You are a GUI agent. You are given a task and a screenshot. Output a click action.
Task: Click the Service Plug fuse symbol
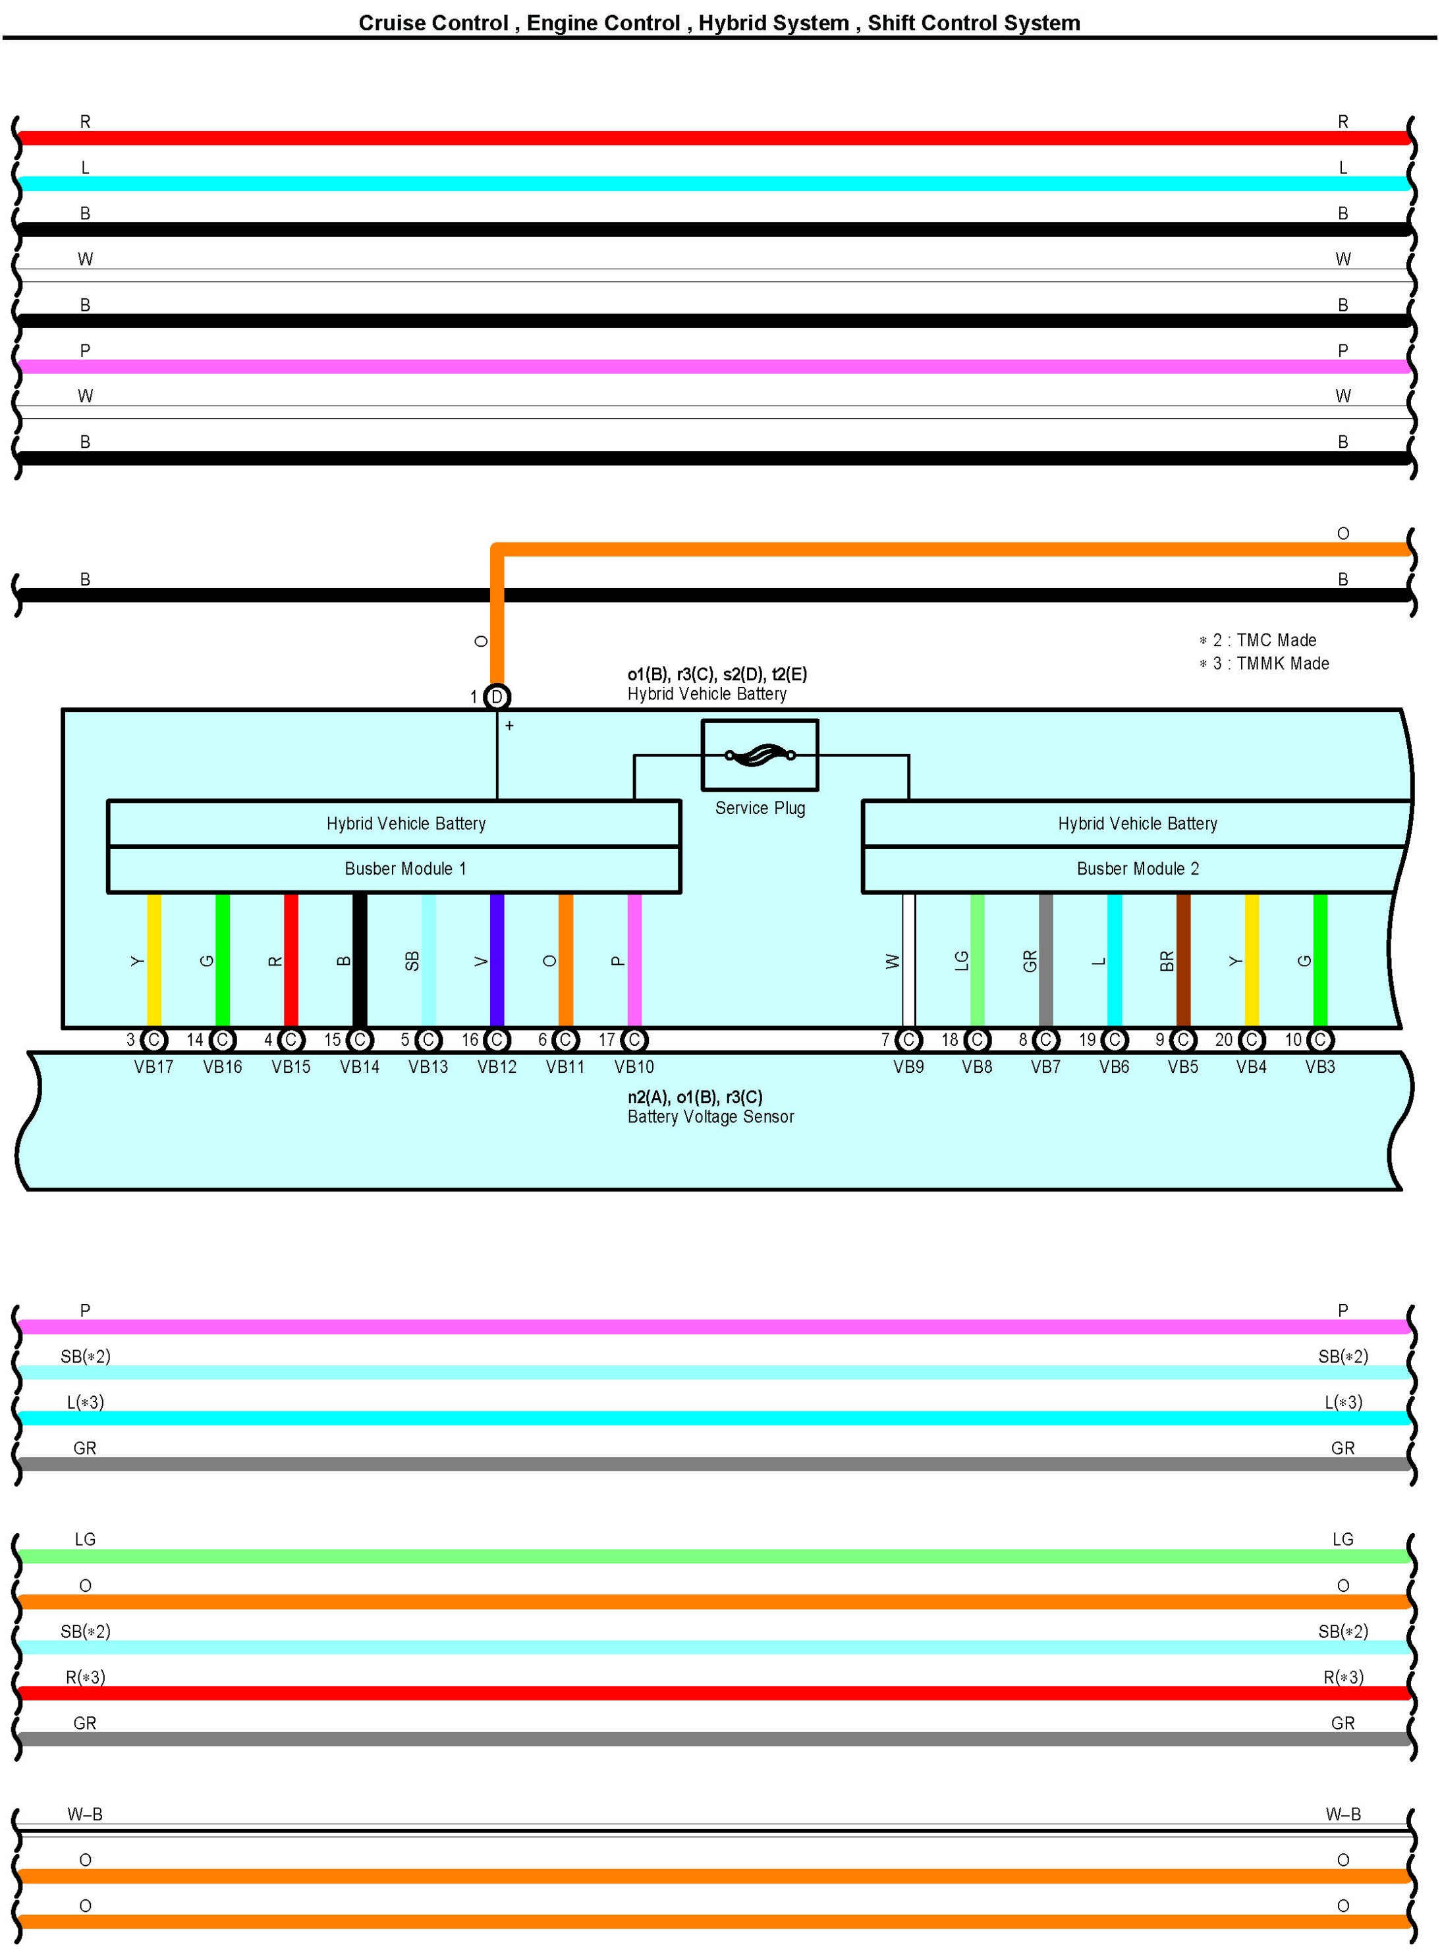tap(760, 755)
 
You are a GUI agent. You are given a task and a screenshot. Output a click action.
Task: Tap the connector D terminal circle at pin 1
tap(496, 696)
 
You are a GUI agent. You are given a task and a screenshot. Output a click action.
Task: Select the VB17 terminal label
tap(153, 1066)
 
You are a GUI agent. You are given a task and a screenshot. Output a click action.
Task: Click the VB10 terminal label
tap(634, 1066)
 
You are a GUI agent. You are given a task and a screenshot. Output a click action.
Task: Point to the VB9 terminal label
tap(908, 1066)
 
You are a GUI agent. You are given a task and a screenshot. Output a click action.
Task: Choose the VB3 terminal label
tap(1319, 1066)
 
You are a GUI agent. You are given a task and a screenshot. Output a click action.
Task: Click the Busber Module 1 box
tap(394, 869)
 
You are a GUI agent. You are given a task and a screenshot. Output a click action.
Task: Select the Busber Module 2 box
tap(1137, 869)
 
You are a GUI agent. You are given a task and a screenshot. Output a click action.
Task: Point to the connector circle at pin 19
tap(1114, 1039)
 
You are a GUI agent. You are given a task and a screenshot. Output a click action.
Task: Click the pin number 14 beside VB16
tap(194, 1039)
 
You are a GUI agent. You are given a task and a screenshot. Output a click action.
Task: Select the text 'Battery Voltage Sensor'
tap(710, 1117)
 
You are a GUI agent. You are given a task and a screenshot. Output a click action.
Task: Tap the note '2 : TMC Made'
tap(1264, 640)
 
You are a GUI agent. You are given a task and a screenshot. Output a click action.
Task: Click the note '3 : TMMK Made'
tap(1270, 664)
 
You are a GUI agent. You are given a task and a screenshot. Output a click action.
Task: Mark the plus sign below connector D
tap(509, 725)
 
